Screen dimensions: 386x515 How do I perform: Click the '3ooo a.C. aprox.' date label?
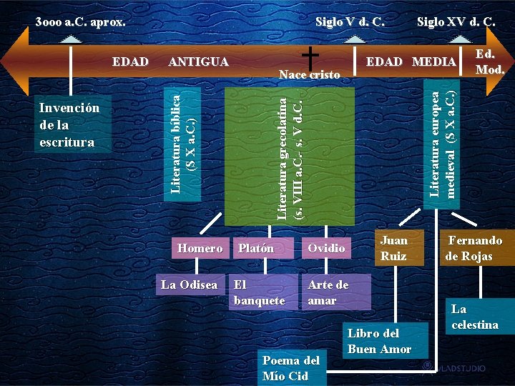pyautogui.click(x=80, y=21)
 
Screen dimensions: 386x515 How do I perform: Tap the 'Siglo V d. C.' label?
pyautogui.click(x=350, y=21)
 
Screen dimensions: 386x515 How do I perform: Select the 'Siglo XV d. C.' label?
pyautogui.click(x=456, y=21)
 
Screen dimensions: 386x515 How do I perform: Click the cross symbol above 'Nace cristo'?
pyautogui.click(x=310, y=55)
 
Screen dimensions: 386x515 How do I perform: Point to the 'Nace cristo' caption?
pyautogui.click(x=310, y=74)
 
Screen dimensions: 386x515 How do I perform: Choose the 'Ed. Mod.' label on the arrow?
pyautogui.click(x=490, y=61)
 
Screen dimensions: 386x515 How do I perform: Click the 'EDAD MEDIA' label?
pyautogui.click(x=411, y=61)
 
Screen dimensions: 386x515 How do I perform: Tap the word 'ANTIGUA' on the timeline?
pyautogui.click(x=198, y=62)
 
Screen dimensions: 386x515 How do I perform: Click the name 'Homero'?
pyautogui.click(x=200, y=248)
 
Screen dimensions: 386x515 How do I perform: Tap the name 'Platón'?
pyautogui.click(x=255, y=248)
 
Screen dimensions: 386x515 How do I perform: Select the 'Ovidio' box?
pyautogui.click(x=326, y=248)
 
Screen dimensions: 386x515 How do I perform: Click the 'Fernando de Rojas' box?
pyautogui.click(x=474, y=248)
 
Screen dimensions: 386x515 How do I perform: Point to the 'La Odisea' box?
pyautogui.click(x=189, y=284)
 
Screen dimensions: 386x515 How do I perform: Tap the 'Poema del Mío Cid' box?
pyautogui.click(x=290, y=367)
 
